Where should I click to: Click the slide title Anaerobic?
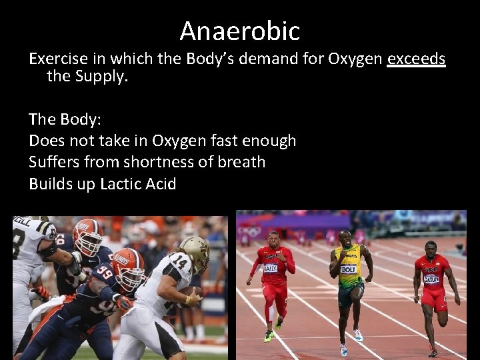tap(240, 31)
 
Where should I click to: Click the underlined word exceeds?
tap(416, 59)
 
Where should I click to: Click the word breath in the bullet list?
tap(240, 162)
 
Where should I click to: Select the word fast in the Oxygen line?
tap(224, 141)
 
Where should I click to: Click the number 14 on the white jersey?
tap(178, 262)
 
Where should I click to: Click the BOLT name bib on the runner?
tap(348, 269)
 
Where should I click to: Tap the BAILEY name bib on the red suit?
tap(270, 268)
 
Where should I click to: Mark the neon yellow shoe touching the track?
tap(268, 337)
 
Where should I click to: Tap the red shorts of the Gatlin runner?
tap(434, 299)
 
